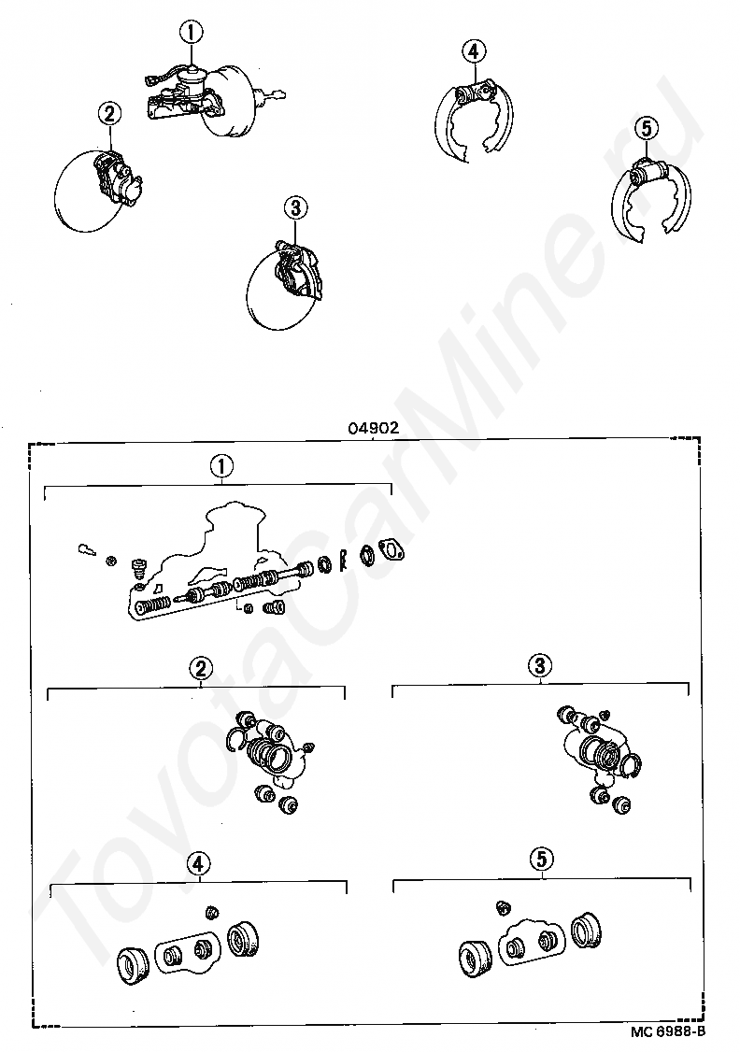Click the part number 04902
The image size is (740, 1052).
point(374,428)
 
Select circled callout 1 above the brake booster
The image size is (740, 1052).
point(191,32)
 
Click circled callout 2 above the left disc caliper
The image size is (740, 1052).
point(109,113)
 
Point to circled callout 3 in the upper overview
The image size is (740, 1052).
point(295,208)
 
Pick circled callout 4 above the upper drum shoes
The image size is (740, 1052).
point(474,50)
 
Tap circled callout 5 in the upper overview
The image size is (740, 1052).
point(646,127)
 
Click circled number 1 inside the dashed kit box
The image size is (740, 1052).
point(221,465)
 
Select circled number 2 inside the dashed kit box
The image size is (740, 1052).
point(201,668)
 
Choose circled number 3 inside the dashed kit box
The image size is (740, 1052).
point(540,665)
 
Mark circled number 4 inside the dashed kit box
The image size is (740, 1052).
point(199,864)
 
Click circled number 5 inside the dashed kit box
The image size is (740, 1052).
point(541,860)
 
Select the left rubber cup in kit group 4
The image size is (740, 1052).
point(134,965)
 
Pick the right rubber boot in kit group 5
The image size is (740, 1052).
point(586,931)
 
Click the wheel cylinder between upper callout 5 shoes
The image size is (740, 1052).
point(650,173)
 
